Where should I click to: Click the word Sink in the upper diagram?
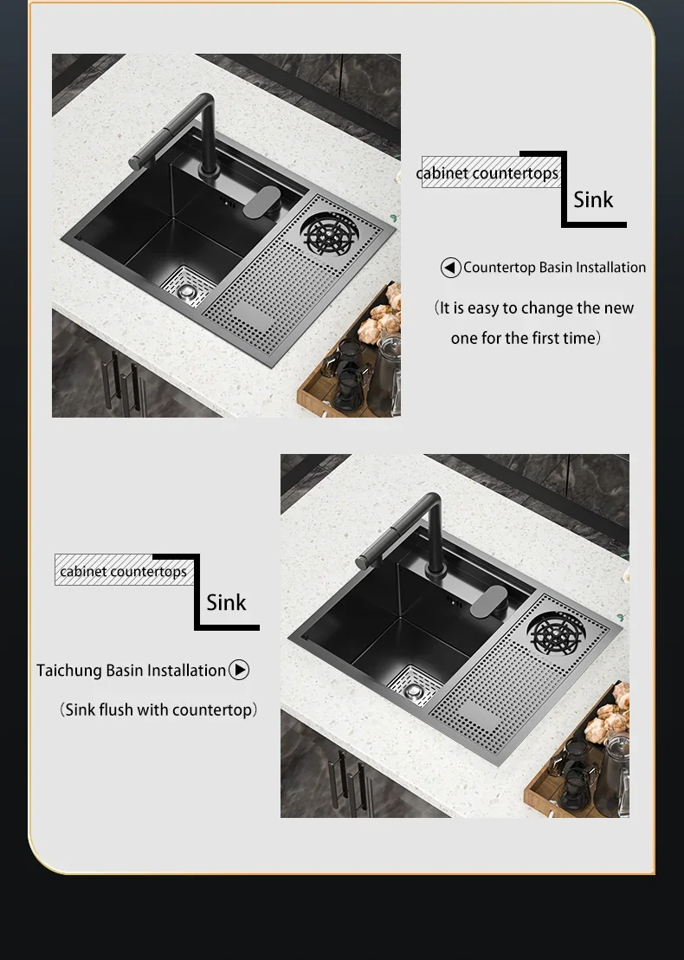coord(593,199)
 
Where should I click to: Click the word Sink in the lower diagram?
coord(226,602)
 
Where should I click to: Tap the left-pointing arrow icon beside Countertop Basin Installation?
coord(451,268)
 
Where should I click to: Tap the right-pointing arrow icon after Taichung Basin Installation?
coord(239,670)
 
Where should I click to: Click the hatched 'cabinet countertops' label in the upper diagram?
coord(491,172)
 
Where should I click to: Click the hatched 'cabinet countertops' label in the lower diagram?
coord(124,570)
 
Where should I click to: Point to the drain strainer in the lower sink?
coord(415,690)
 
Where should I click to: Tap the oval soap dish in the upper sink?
coord(261,202)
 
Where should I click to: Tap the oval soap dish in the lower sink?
coord(488,602)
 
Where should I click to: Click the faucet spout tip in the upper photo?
coord(134,162)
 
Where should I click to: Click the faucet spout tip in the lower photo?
coord(362,562)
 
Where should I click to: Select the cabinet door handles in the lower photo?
coord(351,781)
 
